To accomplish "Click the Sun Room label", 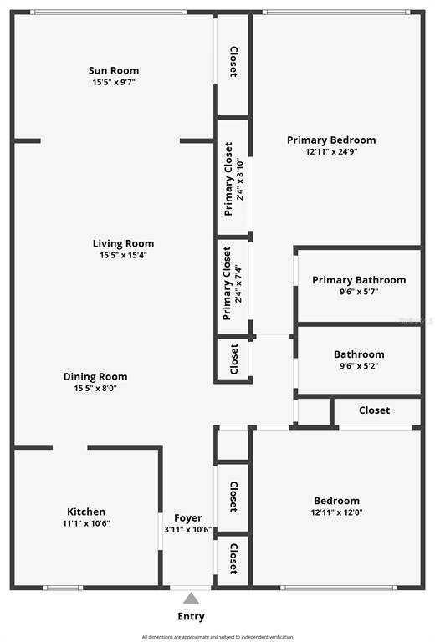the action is pyautogui.click(x=114, y=70).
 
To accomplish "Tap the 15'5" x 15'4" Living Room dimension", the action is pyautogui.click(x=123, y=256).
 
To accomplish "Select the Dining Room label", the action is pyautogui.click(x=95, y=377).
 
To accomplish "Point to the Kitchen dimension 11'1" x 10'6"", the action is pyautogui.click(x=86, y=523).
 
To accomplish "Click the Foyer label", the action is pyautogui.click(x=188, y=518).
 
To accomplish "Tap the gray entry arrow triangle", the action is pyautogui.click(x=191, y=599).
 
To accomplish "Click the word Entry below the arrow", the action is pyautogui.click(x=191, y=617).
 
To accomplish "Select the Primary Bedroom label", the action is pyautogui.click(x=331, y=140).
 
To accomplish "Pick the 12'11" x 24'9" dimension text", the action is pyautogui.click(x=332, y=151).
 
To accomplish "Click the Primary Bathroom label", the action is pyautogui.click(x=359, y=280).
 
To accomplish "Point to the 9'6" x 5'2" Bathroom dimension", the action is pyautogui.click(x=359, y=365).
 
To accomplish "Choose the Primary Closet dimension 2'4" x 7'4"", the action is pyautogui.click(x=238, y=283).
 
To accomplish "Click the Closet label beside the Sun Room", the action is pyautogui.click(x=233, y=62).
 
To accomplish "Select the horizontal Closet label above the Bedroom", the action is pyautogui.click(x=375, y=410).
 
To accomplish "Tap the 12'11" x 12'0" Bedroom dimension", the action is pyautogui.click(x=336, y=512).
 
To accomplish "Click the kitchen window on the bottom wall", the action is pyautogui.click(x=63, y=588).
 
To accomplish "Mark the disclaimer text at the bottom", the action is pyautogui.click(x=217, y=637).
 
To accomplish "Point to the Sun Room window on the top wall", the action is pyautogui.click(x=108, y=13).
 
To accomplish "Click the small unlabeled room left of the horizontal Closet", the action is pyautogui.click(x=315, y=411).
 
